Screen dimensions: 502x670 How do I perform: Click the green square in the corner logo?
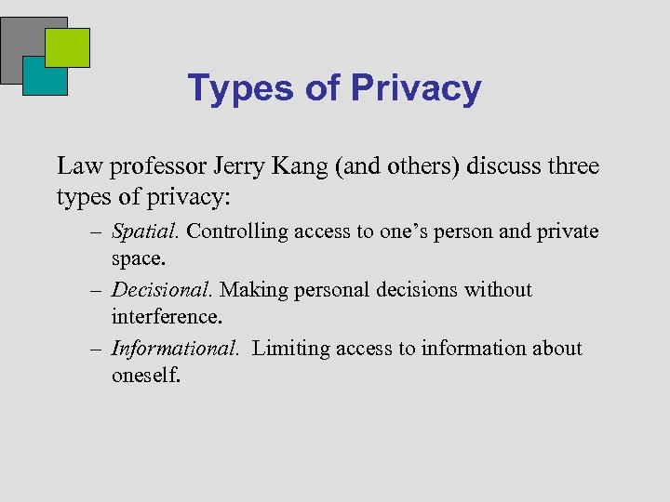pos(68,47)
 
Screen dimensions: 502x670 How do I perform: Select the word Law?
pos(78,166)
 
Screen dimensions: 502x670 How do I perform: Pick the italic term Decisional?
pos(163,289)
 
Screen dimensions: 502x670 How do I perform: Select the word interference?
pos(167,317)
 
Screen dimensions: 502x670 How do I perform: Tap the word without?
pos(499,289)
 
